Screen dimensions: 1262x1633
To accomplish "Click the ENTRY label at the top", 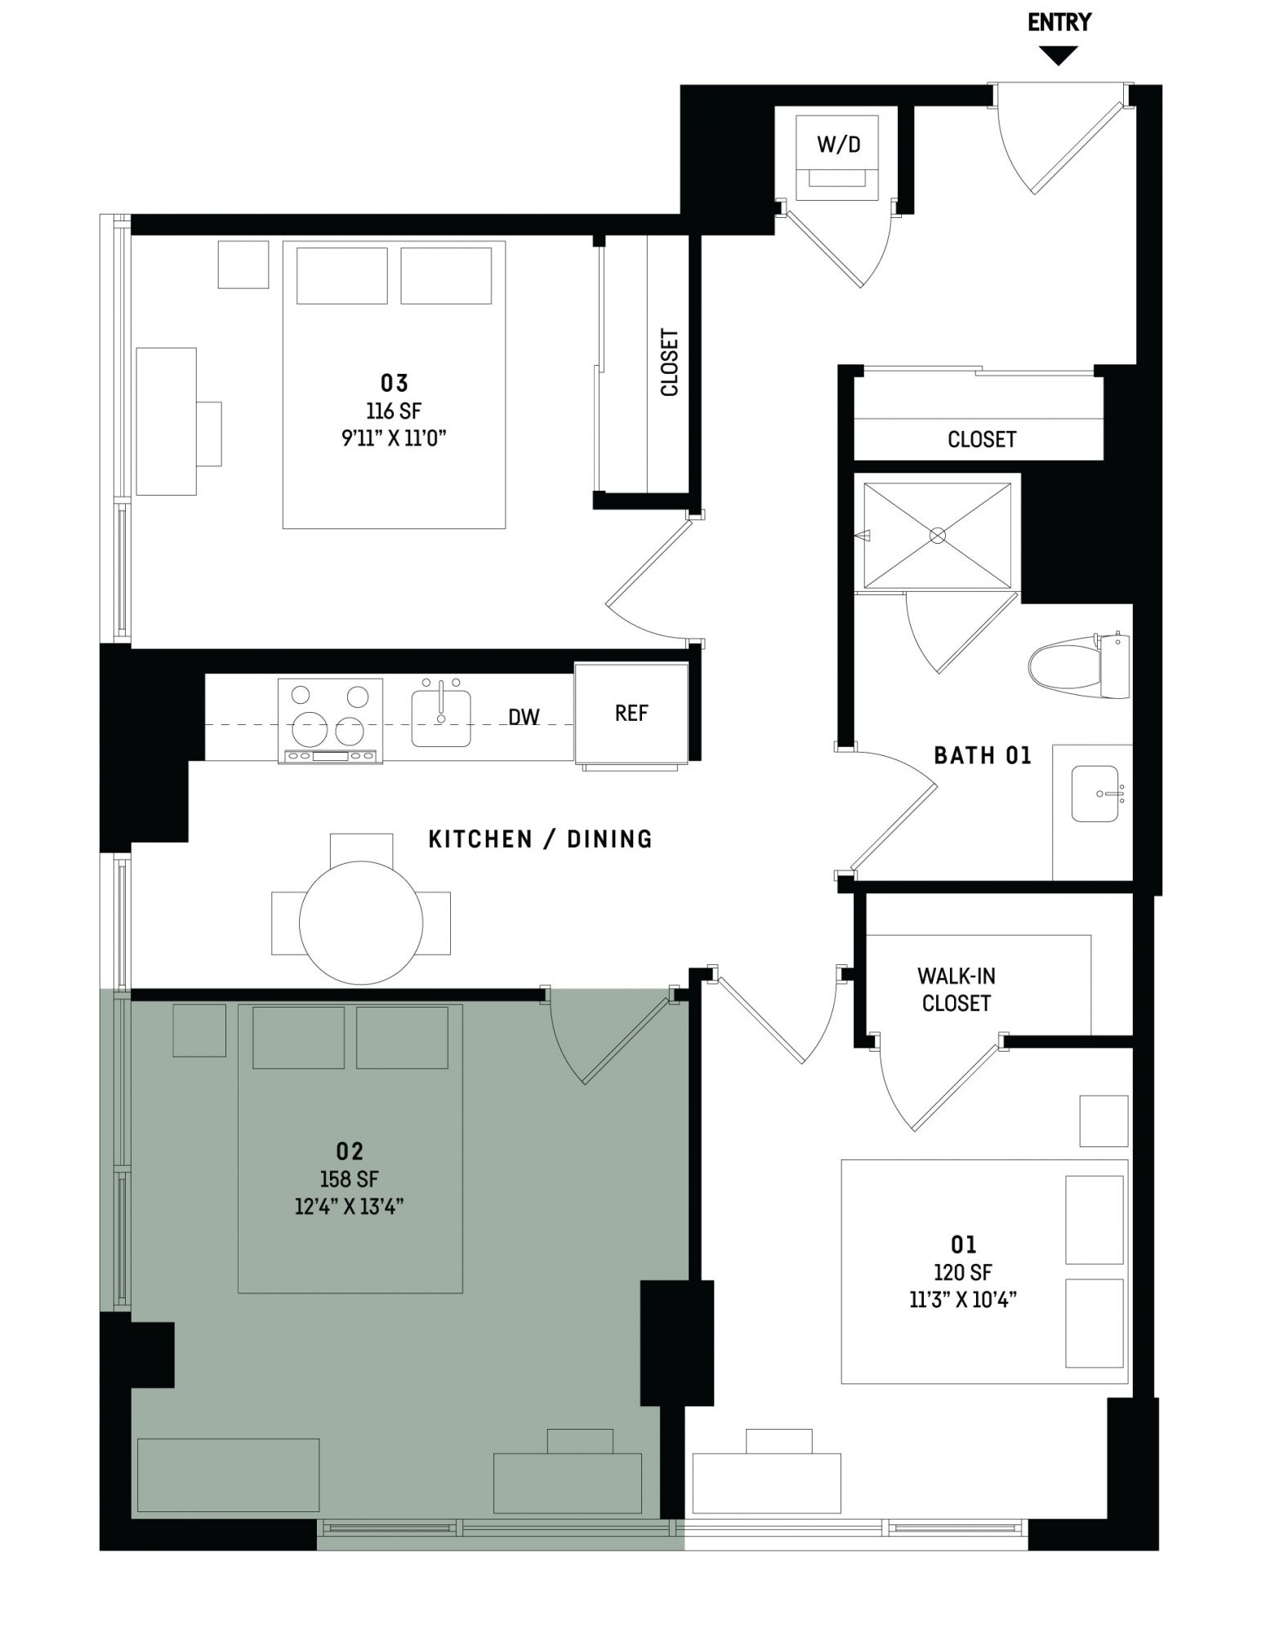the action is point(1059,23).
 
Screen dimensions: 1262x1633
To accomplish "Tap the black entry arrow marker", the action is point(1059,56).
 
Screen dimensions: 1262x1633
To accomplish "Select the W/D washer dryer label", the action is point(839,145).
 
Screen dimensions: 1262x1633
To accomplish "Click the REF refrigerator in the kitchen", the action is point(631,714).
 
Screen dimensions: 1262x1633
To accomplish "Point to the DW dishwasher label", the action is point(524,717).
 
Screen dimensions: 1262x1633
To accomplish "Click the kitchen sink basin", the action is point(441,718).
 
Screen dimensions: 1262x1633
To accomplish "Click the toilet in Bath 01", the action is point(1079,665).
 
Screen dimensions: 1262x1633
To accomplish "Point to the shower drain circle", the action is point(938,536).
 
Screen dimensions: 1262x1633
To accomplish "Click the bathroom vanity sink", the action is point(1095,794).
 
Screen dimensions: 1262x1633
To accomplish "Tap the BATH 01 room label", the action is point(983,755).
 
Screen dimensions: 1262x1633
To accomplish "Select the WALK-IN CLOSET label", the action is point(956,990).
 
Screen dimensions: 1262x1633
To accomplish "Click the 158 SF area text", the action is point(349,1179).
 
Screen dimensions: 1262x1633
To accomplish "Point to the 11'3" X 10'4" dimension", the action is point(963,1299).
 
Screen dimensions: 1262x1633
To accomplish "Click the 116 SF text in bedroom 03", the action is point(394,411).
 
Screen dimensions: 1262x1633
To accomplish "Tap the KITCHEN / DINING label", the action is point(541,839).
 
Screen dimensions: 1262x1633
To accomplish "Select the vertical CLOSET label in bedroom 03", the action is point(670,363).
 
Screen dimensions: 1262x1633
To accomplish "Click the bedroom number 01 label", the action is point(964,1244).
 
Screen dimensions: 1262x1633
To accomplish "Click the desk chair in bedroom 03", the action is point(209,434).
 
